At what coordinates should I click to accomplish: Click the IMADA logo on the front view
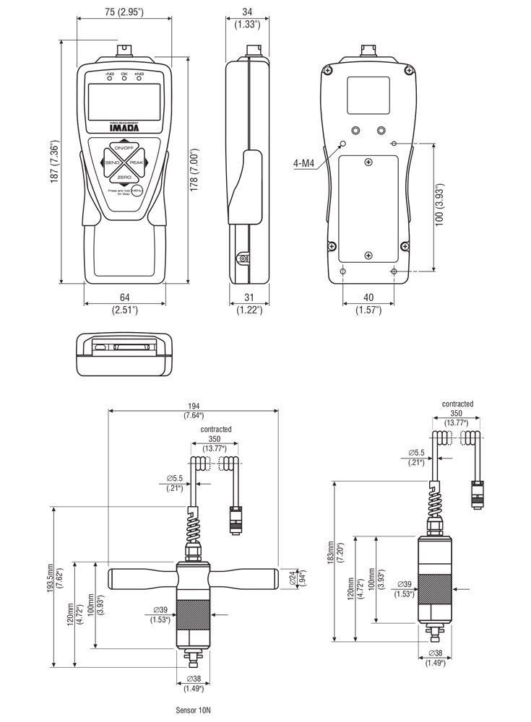click(x=124, y=130)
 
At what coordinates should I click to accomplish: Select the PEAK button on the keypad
click(x=137, y=164)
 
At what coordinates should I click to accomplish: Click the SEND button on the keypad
click(x=111, y=164)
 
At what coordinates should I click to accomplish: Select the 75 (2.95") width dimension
click(x=125, y=13)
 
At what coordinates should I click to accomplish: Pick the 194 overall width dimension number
click(x=193, y=406)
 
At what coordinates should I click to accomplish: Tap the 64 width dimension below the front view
click(x=124, y=297)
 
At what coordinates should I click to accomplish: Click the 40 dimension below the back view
click(x=368, y=297)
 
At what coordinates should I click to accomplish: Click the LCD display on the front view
click(x=124, y=103)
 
